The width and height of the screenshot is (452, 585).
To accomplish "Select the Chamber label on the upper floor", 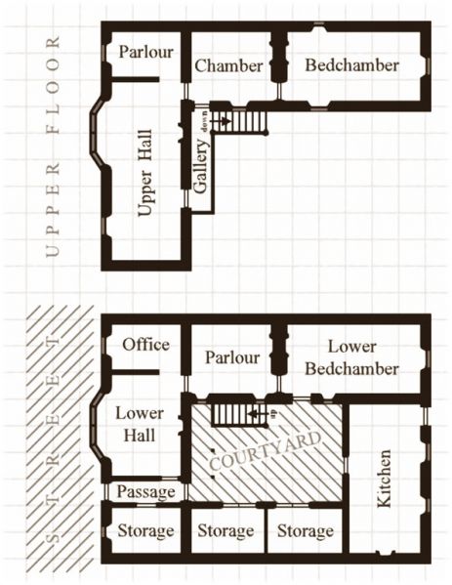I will (x=228, y=66).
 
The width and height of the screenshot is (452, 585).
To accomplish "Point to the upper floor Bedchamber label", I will (x=351, y=65).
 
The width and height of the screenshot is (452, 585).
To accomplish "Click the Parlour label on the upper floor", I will (x=145, y=52).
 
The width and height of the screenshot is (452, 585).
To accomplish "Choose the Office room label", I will (x=145, y=345).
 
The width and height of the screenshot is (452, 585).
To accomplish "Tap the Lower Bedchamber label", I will (x=351, y=357).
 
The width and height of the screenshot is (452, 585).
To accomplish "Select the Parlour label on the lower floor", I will (x=232, y=357).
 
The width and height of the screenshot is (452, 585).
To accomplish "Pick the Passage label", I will (x=144, y=491).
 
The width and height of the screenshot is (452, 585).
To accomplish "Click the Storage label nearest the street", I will (x=144, y=531).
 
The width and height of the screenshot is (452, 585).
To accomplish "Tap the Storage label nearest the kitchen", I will (x=305, y=531).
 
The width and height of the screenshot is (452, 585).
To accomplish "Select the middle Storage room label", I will (x=226, y=531).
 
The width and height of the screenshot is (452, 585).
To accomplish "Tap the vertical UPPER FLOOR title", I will (x=53, y=146).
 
